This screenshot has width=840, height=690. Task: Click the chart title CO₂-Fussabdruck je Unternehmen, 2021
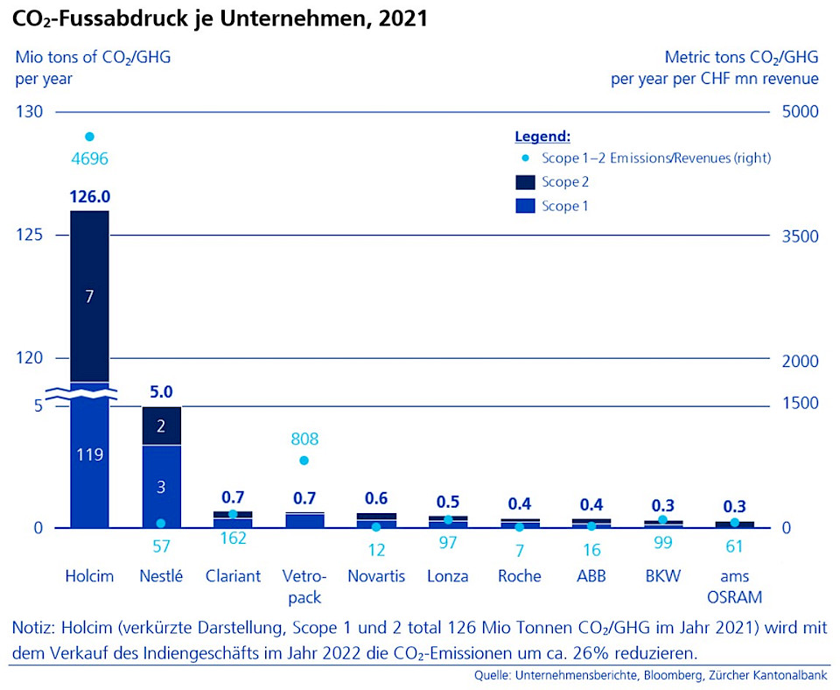coord(220,18)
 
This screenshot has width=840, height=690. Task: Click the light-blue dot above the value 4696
coord(88,137)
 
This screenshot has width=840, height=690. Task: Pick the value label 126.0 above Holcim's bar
coord(89,196)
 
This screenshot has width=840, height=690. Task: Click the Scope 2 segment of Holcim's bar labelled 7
coord(89,296)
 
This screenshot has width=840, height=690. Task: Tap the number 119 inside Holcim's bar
coord(89,454)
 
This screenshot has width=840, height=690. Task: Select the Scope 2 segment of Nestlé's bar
coord(161,426)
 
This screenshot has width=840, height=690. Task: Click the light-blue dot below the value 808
coord(304,461)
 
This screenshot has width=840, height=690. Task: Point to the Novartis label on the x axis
coord(376,576)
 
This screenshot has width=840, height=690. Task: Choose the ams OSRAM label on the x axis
coord(735,587)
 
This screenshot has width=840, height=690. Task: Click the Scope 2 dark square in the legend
coord(524,182)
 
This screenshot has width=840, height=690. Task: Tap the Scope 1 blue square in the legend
coord(524,207)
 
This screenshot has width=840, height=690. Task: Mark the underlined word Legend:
coord(542,137)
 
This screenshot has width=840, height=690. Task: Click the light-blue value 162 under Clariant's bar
coord(233,539)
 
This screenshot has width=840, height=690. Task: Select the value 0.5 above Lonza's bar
coord(448,502)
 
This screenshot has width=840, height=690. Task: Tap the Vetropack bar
coord(304,520)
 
